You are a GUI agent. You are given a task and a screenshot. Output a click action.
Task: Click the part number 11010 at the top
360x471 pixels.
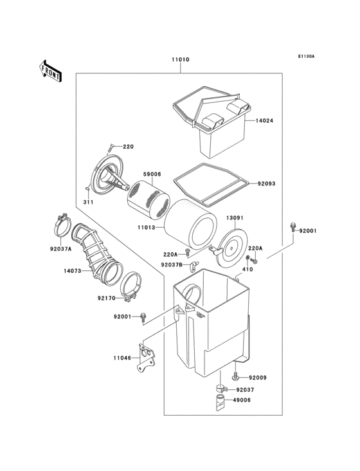(180, 60)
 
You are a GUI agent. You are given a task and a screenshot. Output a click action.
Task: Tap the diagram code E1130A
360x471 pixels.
(305, 57)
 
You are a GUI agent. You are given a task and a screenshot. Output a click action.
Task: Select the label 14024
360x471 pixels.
(264, 121)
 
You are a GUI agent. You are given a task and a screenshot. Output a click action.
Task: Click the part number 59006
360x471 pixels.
(152, 174)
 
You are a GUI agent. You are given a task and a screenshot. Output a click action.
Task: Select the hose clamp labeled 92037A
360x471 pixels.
(62, 226)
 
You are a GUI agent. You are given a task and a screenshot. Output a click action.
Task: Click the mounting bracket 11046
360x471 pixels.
(148, 360)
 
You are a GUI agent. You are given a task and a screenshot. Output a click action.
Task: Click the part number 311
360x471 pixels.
(87, 203)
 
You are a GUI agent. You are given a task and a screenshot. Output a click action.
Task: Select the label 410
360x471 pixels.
(248, 271)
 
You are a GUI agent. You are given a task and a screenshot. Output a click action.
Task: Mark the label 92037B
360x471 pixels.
(171, 264)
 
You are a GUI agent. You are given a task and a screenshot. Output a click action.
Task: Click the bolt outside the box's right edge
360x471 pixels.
(292, 227)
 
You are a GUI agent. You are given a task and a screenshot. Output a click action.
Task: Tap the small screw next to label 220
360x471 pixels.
(111, 146)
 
